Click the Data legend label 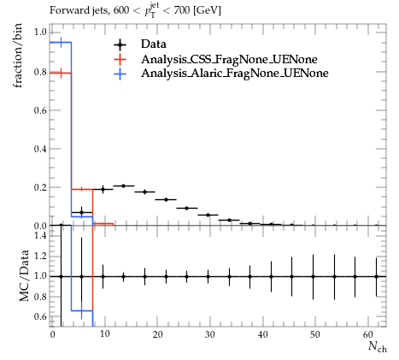[153, 44]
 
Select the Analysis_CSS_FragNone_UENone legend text [229, 59]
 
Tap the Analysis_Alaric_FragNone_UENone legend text [235, 74]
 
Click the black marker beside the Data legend [120, 44]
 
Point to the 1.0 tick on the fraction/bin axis [40, 32]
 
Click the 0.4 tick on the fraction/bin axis [40, 149]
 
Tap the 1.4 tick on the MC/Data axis [40, 235]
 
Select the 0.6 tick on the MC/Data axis [40, 316]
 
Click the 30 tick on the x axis [210, 334]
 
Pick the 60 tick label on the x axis [368, 334]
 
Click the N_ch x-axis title [378, 346]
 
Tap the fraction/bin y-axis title [18, 56]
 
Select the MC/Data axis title [24, 275]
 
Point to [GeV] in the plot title [207, 10]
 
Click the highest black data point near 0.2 [123, 186]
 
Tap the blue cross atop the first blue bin [61, 43]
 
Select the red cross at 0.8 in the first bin [61, 74]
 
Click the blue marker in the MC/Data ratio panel [82, 310]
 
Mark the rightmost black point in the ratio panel [376, 276]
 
